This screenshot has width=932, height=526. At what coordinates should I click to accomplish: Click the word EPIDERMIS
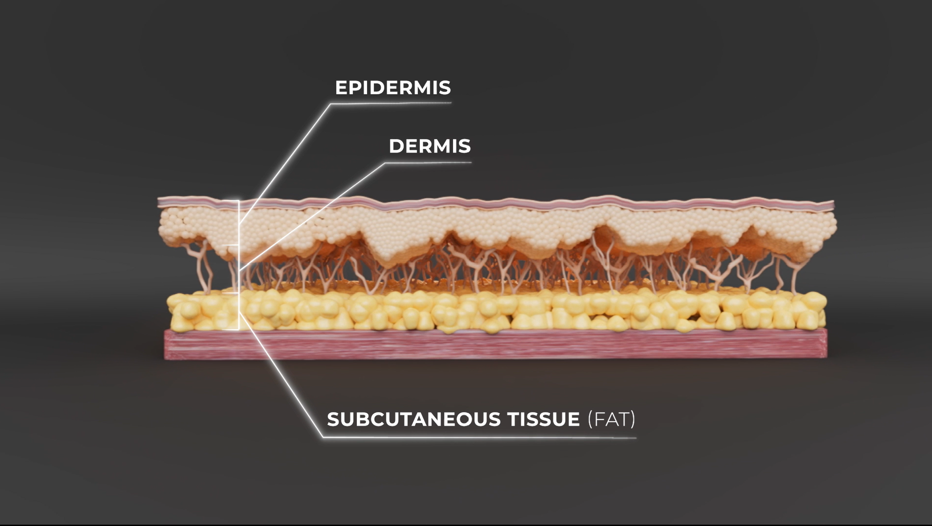[x=392, y=88]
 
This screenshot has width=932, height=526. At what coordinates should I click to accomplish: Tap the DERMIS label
[x=429, y=146]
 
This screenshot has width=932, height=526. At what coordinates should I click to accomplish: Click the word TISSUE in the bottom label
[x=543, y=419]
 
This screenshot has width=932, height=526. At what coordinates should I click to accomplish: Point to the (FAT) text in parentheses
[x=611, y=419]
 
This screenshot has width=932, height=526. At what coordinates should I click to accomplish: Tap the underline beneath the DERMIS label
[x=428, y=163]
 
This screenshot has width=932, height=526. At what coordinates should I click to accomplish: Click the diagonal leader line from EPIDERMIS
[x=285, y=163]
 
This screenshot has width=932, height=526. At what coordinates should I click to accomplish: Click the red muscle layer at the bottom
[x=490, y=345]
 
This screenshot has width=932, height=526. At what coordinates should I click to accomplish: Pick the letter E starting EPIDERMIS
[x=341, y=88]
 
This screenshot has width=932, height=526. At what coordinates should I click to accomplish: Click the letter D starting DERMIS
[x=396, y=146]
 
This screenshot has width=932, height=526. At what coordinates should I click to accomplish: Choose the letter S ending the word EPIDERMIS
[x=445, y=88]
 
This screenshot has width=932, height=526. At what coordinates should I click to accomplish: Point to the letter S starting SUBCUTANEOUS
[x=333, y=419]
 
